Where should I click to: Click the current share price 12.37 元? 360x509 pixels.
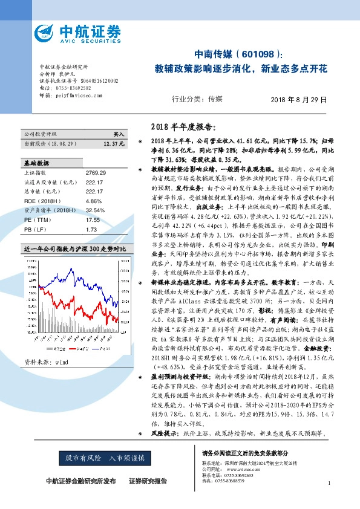pos(114,144)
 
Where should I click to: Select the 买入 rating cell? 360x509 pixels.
pos(119,134)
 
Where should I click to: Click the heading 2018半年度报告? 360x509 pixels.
pos(181,127)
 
